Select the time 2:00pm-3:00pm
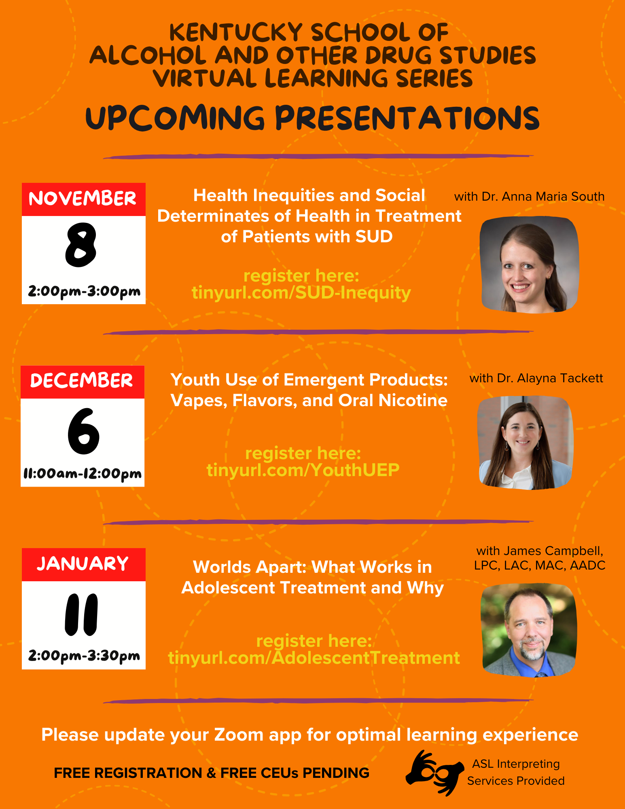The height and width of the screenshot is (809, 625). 84,291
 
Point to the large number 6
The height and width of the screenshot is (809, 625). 83,431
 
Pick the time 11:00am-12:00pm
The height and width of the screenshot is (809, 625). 83,474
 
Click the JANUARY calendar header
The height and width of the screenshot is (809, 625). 83,564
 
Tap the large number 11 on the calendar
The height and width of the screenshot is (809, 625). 81,614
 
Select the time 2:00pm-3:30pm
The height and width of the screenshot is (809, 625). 84,656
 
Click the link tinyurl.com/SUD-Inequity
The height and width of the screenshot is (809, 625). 301,292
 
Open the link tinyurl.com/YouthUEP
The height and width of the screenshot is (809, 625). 303,470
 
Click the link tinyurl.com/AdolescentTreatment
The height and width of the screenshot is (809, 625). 314,658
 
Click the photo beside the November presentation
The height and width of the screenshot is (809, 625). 529,265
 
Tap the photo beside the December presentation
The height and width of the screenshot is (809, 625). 525,443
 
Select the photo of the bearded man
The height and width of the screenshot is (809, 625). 528,630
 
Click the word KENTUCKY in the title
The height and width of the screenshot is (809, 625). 236,32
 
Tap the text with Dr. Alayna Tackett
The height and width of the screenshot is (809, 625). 536,378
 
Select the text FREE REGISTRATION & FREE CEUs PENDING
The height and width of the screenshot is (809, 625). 212,773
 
